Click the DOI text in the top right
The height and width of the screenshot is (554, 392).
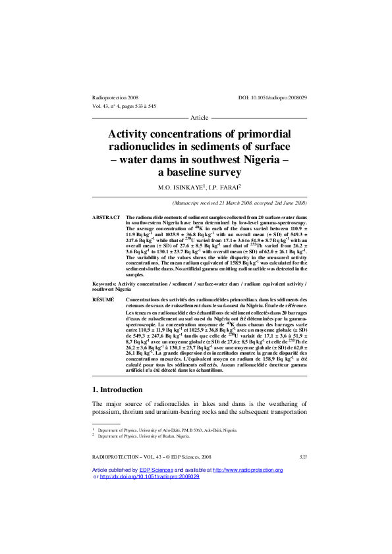[x=272, y=97]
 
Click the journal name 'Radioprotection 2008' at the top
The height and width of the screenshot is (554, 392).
[x=115, y=97]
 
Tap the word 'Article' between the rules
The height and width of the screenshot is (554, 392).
[x=199, y=118]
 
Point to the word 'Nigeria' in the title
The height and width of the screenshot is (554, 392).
[x=258, y=159]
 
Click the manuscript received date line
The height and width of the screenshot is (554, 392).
[x=239, y=203]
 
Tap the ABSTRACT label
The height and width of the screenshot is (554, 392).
[x=105, y=216]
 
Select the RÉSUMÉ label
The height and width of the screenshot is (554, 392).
[x=104, y=299]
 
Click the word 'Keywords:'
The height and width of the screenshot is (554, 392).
[x=105, y=282]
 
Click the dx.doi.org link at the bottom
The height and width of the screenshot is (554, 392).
[x=149, y=476]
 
